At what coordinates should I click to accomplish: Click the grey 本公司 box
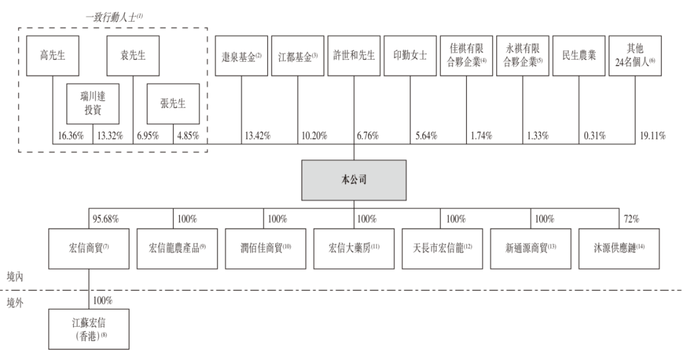[354, 180]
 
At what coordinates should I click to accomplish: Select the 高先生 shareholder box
[53, 55]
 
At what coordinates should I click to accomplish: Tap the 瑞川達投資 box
[93, 104]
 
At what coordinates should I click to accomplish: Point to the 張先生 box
[173, 104]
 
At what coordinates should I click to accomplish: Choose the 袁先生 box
[133, 55]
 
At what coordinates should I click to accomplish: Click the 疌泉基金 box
[242, 55]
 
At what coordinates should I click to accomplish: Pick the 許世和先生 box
[354, 55]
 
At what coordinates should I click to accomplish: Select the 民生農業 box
[579, 55]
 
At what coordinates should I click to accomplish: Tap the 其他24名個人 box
[635, 55]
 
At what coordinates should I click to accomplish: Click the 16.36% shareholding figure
[71, 135]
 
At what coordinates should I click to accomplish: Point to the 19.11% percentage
[653, 135]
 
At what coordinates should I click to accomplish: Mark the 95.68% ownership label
[106, 219]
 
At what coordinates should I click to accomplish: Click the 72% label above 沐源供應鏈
[632, 219]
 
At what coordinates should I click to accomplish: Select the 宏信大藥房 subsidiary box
[354, 249]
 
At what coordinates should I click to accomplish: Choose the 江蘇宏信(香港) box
[89, 329]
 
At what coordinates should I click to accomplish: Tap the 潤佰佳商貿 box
[265, 249]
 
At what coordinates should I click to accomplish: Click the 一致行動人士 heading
[114, 17]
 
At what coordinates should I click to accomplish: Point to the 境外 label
[15, 303]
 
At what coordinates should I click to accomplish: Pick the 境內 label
[15, 277]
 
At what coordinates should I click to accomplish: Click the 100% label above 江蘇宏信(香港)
[102, 300]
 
